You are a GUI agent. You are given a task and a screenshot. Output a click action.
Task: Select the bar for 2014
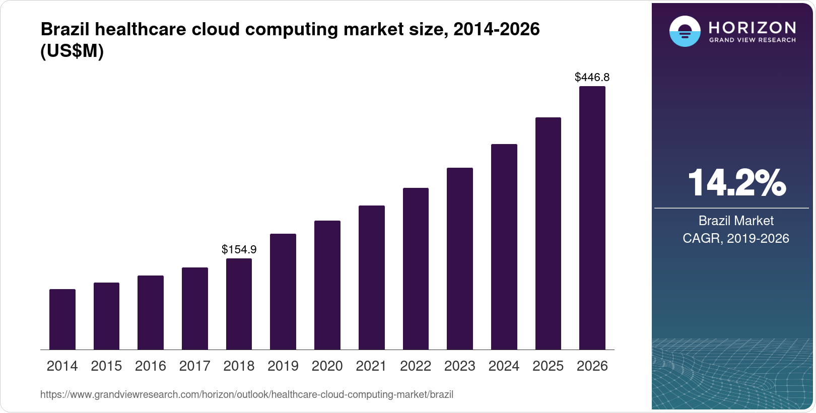coord(62,319)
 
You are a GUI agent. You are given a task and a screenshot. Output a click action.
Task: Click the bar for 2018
coord(239,304)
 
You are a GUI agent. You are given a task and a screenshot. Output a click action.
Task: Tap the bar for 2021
coord(371,278)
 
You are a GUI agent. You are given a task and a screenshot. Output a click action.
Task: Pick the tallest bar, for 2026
coord(592,218)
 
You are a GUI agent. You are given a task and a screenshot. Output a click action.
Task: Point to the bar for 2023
coord(459,259)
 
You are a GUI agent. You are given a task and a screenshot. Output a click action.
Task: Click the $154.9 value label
coord(239,249)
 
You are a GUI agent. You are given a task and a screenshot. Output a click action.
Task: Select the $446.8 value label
coord(592,77)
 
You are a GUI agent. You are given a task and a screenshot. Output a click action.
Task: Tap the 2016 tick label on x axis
coord(150,366)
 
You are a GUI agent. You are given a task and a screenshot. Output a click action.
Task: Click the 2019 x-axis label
coord(283,366)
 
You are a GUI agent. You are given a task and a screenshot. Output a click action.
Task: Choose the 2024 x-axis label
coord(504,366)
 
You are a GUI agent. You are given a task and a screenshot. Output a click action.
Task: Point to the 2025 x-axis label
coord(548,366)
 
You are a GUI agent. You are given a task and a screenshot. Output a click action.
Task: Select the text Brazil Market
coord(736,221)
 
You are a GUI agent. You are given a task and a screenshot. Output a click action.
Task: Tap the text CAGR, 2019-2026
coord(736,238)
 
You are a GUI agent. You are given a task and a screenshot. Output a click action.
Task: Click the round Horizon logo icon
coord(685,31)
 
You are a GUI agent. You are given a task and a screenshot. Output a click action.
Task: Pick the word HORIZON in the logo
coord(753,27)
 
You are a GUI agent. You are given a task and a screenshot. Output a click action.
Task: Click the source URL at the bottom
coord(247,395)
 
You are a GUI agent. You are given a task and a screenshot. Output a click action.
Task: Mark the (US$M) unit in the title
coord(72,51)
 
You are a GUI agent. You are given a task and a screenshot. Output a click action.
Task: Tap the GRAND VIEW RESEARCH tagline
coord(753,40)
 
